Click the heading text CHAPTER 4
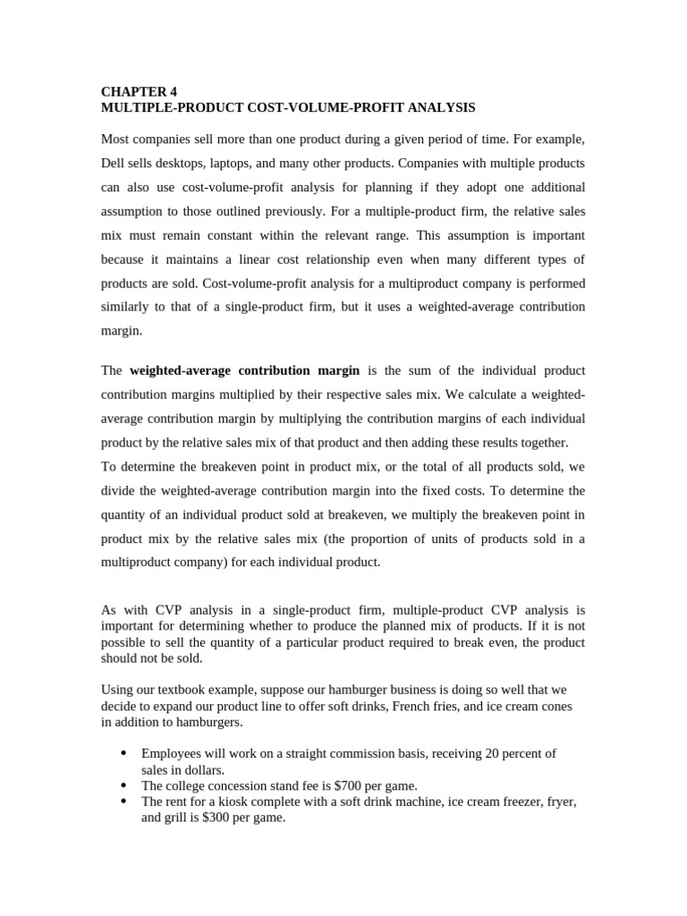click(133, 91)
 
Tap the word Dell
click(114, 164)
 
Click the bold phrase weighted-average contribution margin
click(244, 370)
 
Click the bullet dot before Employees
click(123, 753)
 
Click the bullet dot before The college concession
click(123, 785)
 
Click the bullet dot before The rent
click(123, 801)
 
